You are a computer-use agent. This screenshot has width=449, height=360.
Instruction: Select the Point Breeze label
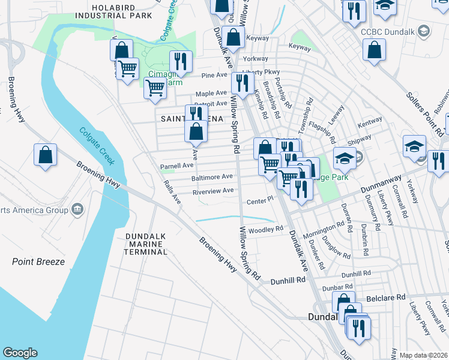[x=38, y=262]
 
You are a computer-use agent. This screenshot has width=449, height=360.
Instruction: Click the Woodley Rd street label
[x=266, y=229]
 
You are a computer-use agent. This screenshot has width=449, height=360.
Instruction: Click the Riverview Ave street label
[x=212, y=191]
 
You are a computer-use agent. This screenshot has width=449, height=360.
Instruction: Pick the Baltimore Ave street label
[x=212, y=177]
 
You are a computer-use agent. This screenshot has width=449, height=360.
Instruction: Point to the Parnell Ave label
[x=176, y=165]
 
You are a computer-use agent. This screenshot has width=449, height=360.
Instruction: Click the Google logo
[x=20, y=353]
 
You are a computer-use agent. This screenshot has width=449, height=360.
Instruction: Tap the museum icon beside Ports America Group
[x=77, y=209]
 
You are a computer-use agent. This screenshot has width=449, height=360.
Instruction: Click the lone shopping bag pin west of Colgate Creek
[x=46, y=155]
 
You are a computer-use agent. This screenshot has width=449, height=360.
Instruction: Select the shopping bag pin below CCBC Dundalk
[x=374, y=50]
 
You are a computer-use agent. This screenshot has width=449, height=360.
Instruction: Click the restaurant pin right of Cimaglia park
[x=181, y=61]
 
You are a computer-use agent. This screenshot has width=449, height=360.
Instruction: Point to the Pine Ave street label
[x=214, y=75]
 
